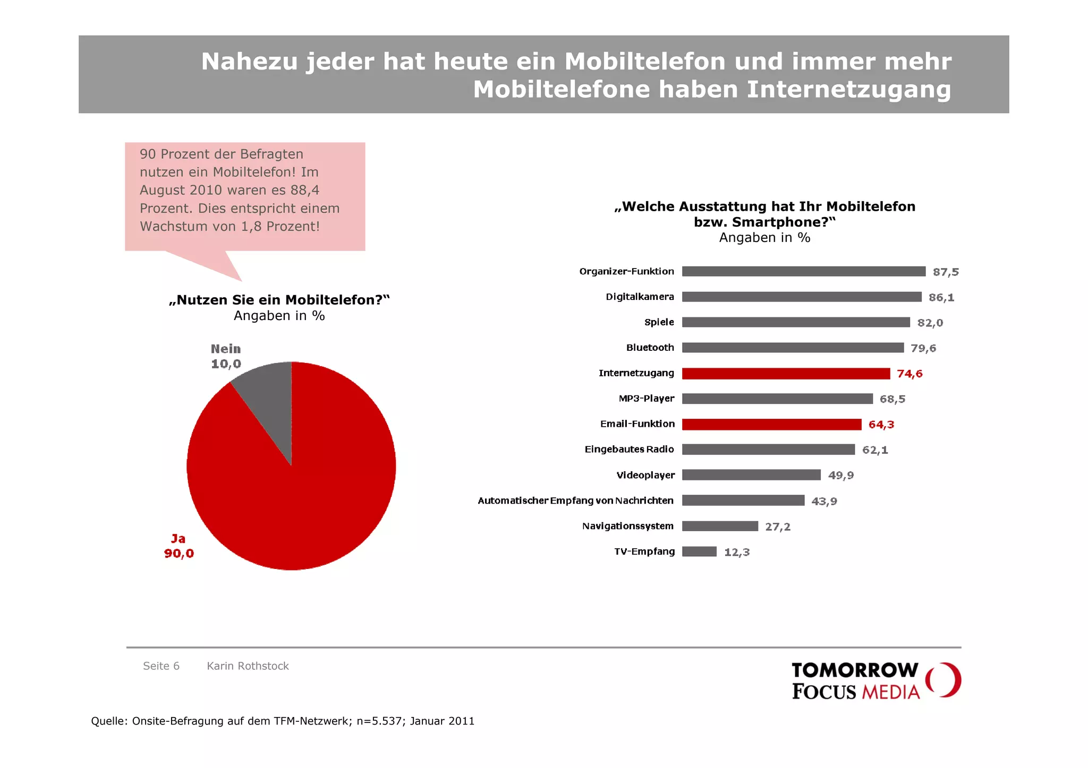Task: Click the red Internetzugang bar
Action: pos(785,374)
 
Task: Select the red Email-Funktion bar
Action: pos(771,425)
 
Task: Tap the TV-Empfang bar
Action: pos(699,551)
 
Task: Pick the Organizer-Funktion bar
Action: pos(803,271)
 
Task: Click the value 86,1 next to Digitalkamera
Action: pos(941,297)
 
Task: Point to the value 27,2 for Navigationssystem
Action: pos(777,527)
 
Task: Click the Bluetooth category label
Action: pos(650,348)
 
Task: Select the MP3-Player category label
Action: pos(646,399)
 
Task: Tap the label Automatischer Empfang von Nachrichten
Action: pos(575,501)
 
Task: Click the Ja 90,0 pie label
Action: pos(179,546)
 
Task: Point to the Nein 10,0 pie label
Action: pos(226,356)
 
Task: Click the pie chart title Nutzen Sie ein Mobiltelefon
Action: pos(279,300)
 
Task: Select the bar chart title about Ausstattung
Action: pos(764,214)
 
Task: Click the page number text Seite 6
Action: pos(161,666)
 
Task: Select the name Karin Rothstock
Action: pos(248,666)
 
